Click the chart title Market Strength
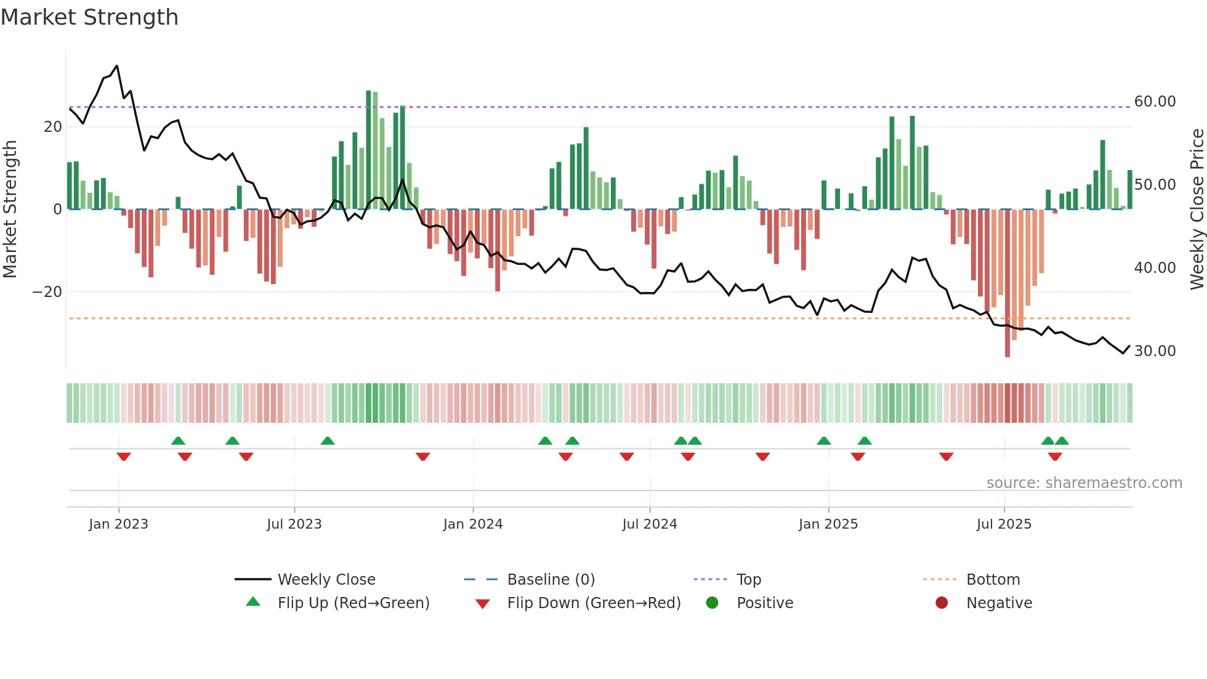(89, 17)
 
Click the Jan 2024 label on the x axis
(472, 524)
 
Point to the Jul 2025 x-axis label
(1003, 524)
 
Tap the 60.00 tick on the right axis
(1155, 102)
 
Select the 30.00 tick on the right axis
(1155, 351)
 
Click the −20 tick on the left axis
(47, 292)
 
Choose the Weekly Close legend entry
(326, 580)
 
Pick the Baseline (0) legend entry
(551, 580)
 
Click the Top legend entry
(748, 580)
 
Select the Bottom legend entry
(993, 580)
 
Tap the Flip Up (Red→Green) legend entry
(353, 603)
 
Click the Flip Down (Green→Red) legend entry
(594, 603)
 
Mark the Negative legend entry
(998, 603)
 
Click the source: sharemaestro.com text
(1084, 483)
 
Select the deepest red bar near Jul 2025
(1007, 283)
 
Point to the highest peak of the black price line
(117, 66)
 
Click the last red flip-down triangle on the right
(1054, 457)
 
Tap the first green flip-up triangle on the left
(178, 441)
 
